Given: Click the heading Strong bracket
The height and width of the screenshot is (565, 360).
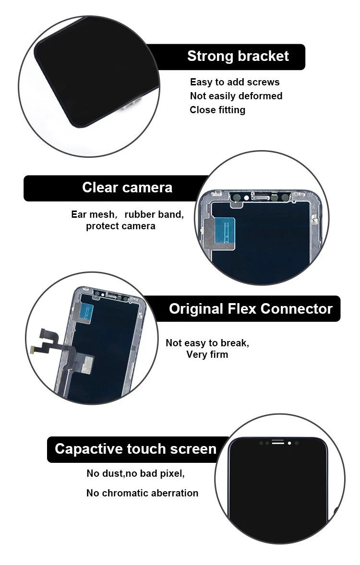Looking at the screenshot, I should tap(238, 56).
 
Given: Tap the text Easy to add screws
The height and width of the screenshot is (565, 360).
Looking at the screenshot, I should tap(235, 82).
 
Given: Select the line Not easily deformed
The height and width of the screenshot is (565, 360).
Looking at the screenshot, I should tap(236, 96).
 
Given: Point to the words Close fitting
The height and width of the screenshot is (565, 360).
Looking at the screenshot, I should tap(217, 110).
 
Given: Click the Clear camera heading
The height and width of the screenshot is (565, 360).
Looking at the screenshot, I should tap(127, 187).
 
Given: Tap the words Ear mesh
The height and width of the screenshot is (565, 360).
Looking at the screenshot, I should tap(93, 214).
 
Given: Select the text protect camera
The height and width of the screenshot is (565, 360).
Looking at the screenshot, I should tap(120, 226).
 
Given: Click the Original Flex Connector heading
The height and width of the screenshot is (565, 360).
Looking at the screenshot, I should tap(251, 308).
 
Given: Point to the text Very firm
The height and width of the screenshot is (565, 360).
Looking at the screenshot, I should tap(207, 355).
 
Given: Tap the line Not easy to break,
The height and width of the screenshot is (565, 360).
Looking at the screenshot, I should tap(207, 343).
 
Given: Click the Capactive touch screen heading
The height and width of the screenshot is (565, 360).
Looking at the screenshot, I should tap(136, 449).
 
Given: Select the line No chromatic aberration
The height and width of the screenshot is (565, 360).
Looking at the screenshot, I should tap(142, 493).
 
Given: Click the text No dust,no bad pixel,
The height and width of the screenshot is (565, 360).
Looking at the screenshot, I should tap(135, 473).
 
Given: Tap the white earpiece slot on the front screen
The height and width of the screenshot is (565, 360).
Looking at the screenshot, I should tap(278, 443).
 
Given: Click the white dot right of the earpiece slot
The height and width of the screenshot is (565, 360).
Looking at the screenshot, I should tap(289, 443).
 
